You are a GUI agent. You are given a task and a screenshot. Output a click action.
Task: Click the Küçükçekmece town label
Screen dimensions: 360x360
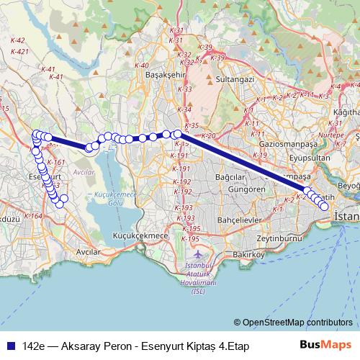coord(142,235)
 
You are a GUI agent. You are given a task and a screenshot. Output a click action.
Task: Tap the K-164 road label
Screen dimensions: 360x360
coord(33,215)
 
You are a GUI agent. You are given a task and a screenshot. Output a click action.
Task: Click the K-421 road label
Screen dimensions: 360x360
coord(20,51)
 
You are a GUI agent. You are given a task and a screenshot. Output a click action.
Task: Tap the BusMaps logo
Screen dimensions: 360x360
coord(327,346)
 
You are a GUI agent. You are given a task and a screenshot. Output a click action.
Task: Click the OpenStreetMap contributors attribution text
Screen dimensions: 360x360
coord(297,323)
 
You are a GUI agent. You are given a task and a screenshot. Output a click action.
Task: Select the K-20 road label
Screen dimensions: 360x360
coord(209,135)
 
